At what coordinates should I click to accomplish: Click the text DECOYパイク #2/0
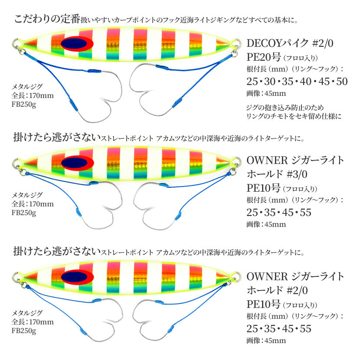tap(290, 43)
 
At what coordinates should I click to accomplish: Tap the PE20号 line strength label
tap(264, 57)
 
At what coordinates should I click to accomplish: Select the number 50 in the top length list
tap(342, 82)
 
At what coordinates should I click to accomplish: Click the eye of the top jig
tap(77, 43)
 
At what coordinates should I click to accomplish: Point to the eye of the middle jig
tap(77, 163)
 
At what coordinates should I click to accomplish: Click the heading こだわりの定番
tap(47, 19)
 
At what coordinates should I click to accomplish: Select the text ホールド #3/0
tap(277, 174)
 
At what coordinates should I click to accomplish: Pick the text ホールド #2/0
tap(277, 291)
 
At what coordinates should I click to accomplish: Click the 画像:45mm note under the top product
tap(266, 93)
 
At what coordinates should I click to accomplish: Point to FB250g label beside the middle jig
tap(24, 213)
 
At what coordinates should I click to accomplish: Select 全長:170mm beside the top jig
tap(33, 95)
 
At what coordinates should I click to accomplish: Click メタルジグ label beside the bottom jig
tap(27, 313)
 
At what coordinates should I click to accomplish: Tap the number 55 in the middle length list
tap(306, 213)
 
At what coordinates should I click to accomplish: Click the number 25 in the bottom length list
tap(252, 329)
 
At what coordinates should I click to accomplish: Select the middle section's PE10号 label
tap(263, 188)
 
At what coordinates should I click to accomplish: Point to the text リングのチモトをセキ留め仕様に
tap(294, 116)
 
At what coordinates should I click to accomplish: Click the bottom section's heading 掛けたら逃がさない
tap(57, 252)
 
